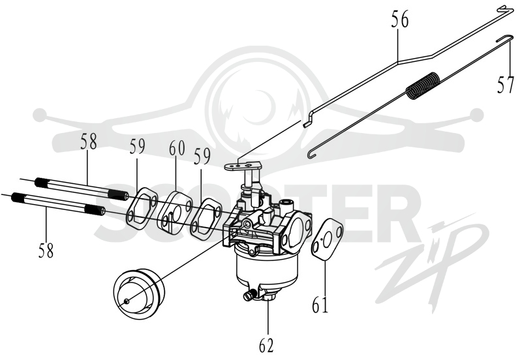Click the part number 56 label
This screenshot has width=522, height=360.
[x=399, y=20]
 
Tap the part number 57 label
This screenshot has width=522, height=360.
[x=506, y=84]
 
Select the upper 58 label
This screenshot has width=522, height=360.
[x=88, y=141]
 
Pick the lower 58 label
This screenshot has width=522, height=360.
[x=46, y=250]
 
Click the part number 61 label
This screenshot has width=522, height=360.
[x=320, y=304]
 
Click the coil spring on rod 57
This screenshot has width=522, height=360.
[x=424, y=85]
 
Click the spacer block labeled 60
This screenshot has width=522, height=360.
[x=175, y=211]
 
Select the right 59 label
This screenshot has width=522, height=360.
[x=203, y=157]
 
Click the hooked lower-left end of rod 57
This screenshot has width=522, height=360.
[x=311, y=155]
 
